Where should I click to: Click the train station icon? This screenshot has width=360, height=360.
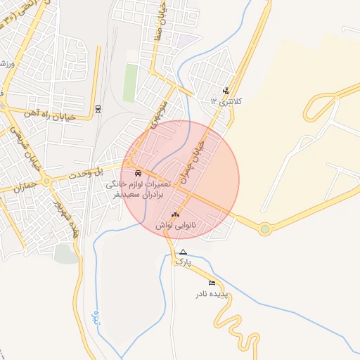coord(98,108)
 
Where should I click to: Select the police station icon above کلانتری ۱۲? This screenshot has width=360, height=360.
coord(226,90)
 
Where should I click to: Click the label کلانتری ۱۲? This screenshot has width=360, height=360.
coord(226,101)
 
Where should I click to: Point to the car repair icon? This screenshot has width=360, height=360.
coord(136,173)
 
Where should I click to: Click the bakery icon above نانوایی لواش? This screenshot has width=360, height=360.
coord(176,214)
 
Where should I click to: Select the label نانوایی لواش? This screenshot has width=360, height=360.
coord(175,224)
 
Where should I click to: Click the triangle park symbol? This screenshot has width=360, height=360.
coord(184,252)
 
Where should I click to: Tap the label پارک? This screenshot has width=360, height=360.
coord(184,262)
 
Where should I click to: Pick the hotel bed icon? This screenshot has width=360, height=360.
coord(212,283)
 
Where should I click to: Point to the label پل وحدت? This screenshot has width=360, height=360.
coord(94,171)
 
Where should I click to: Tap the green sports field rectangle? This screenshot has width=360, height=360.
coord(131,84)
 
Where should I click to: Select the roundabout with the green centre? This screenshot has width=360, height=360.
coord(264,229)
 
